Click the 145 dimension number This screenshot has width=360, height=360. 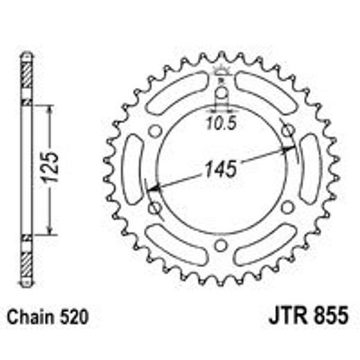coord(221,168)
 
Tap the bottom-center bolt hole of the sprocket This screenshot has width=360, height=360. coord(221,246)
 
